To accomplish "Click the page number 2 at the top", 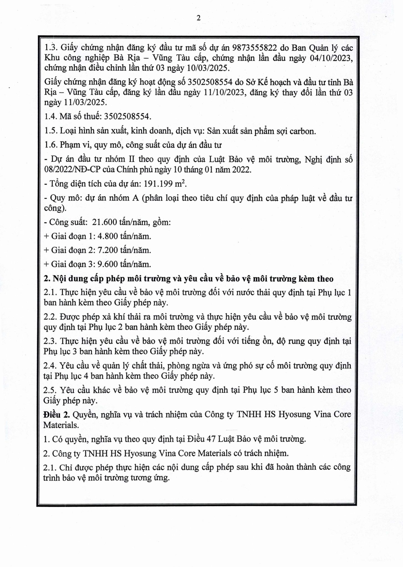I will (x=198, y=18).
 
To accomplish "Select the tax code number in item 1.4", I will (x=127, y=117).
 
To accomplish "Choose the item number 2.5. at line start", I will (x=50, y=390).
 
